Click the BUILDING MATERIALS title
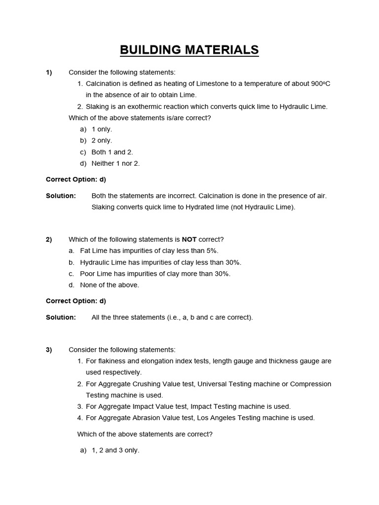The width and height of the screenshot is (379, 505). pyautogui.click(x=189, y=50)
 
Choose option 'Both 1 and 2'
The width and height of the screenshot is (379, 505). pyautogui.click(x=112, y=152)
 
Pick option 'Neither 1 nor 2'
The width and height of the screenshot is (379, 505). pyautogui.click(x=115, y=163)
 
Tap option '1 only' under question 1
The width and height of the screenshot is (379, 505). pyautogui.click(x=102, y=129)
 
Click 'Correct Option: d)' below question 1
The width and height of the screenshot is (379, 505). pyautogui.click(x=76, y=179)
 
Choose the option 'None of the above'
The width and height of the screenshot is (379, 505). pyautogui.click(x=110, y=285)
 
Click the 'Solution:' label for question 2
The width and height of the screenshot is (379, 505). pyautogui.click(x=61, y=318)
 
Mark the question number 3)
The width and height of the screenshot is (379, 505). pyautogui.click(x=49, y=350)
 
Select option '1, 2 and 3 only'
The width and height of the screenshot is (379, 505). pyautogui.click(x=115, y=450)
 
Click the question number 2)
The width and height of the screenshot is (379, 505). pyautogui.click(x=49, y=240)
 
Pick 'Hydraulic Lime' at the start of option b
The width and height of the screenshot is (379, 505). pyautogui.click(x=103, y=262)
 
